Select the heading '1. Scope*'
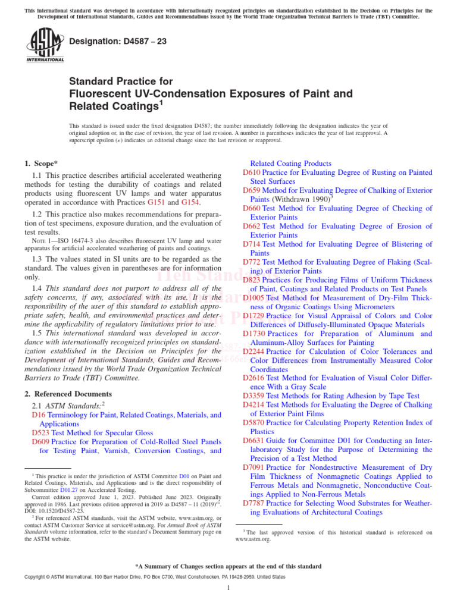(41, 163)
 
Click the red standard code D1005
(254, 297)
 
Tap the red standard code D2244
(254, 351)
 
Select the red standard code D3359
(254, 395)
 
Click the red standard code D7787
(254, 503)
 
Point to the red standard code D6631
(254, 441)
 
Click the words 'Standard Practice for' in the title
(121, 81)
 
